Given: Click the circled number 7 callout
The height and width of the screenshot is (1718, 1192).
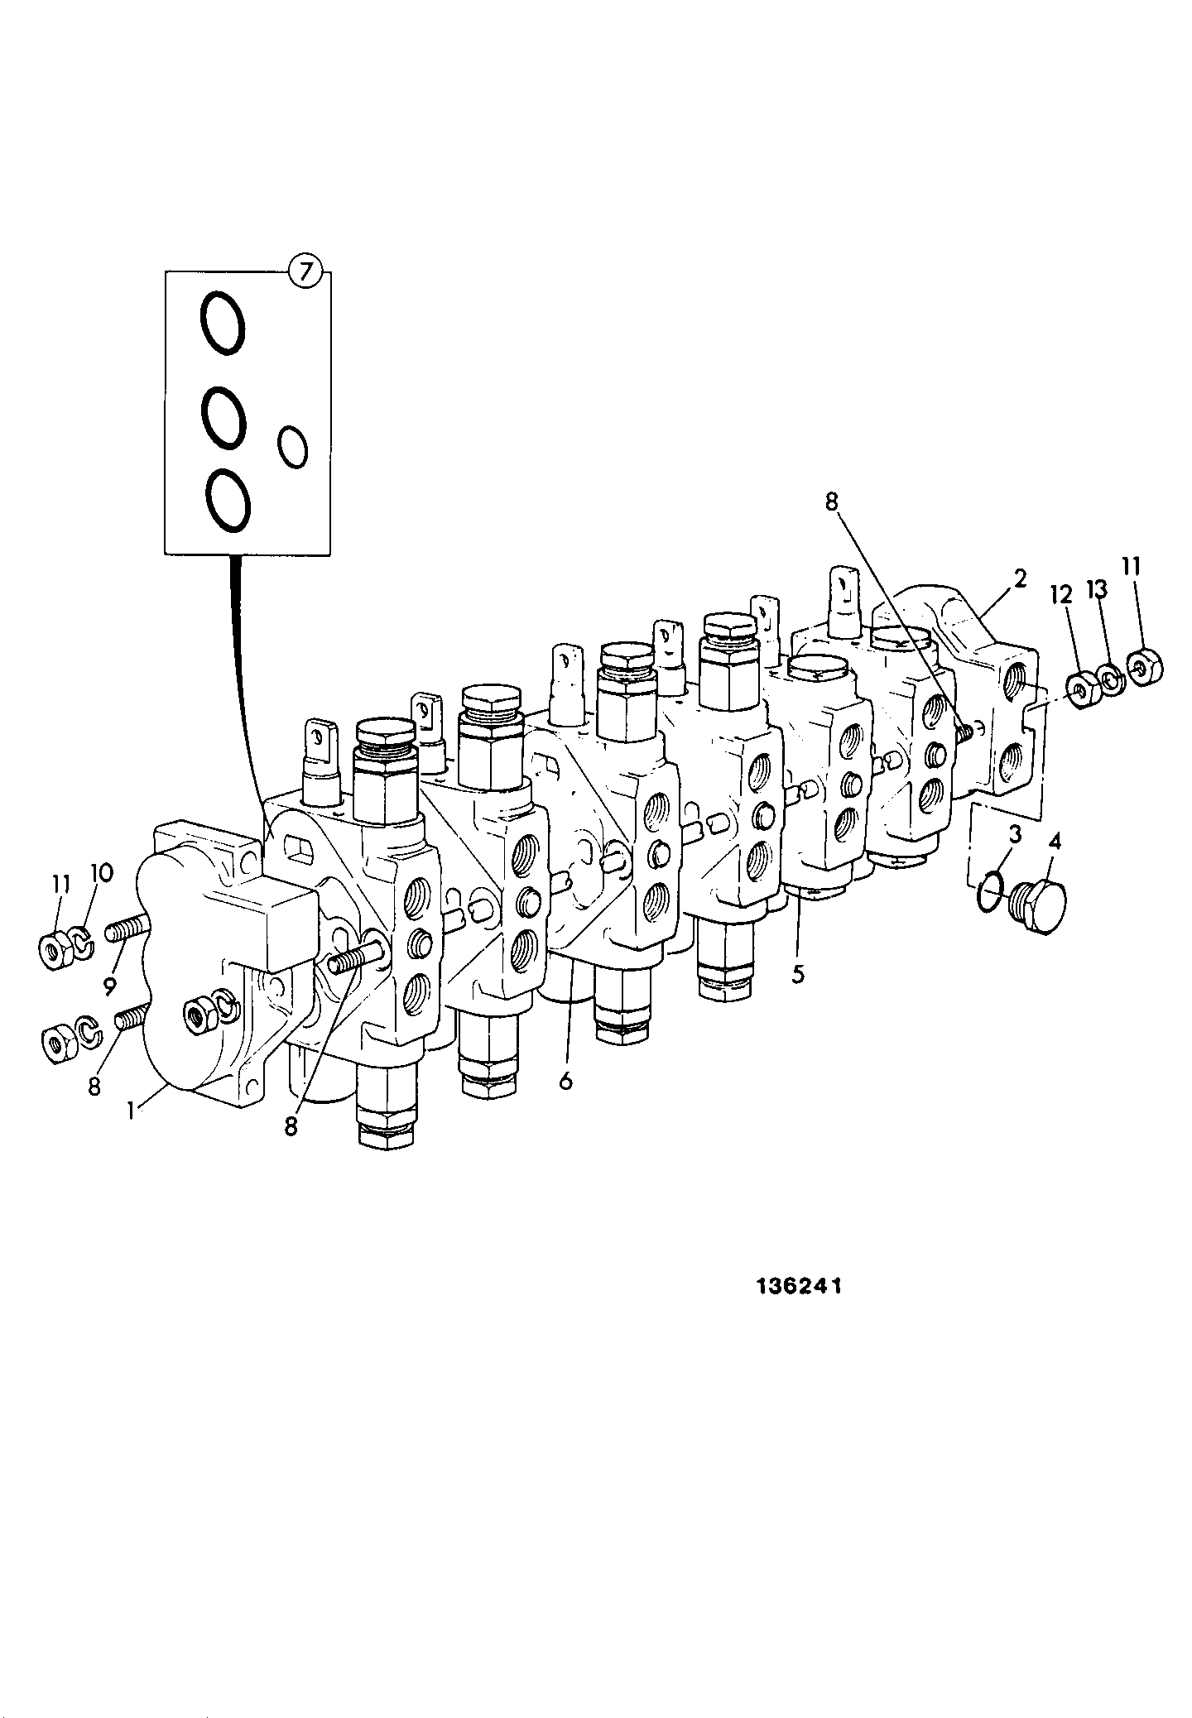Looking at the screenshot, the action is tap(305, 272).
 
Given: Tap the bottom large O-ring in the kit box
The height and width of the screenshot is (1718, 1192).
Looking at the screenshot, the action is tap(227, 500).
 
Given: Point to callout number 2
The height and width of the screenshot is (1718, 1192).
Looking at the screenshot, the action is tap(1020, 578).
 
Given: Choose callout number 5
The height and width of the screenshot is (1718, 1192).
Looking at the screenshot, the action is tap(797, 974).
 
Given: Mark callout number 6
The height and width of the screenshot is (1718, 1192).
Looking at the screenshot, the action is tap(565, 1081).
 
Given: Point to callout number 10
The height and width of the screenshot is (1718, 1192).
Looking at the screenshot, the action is tap(100, 872).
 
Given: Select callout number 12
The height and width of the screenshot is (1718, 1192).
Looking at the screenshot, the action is tap(1060, 593).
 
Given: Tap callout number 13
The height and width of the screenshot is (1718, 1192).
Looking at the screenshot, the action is tap(1097, 588).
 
